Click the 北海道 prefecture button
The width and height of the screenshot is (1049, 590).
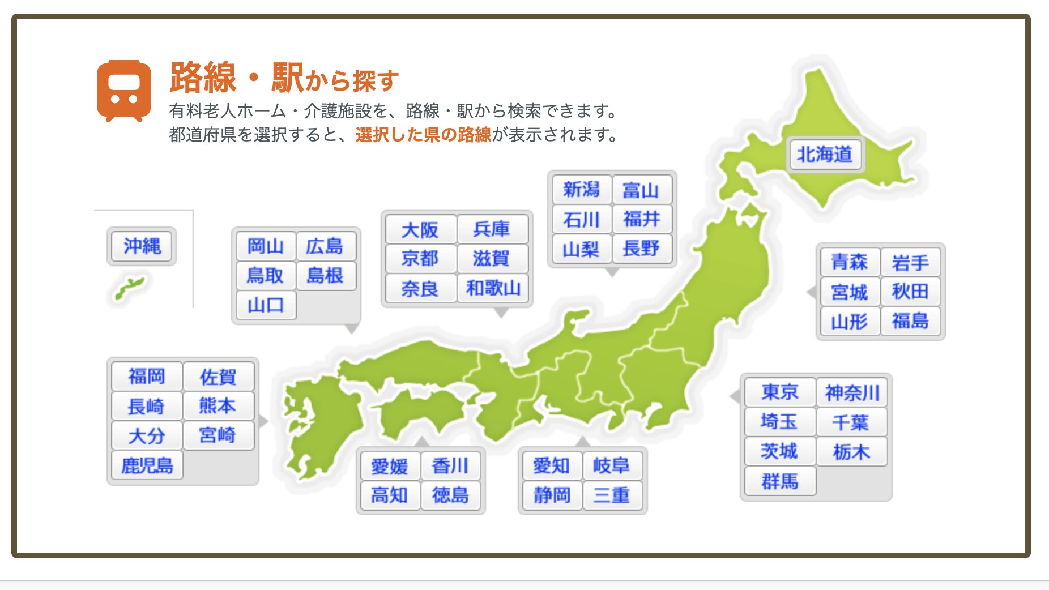(825, 154)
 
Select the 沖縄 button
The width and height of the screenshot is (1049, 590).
(142, 246)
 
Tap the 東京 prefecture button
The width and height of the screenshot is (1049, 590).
(780, 392)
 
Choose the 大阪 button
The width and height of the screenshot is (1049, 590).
(420, 229)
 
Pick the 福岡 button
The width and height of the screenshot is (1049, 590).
(147, 377)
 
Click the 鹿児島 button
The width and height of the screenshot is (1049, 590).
(147, 465)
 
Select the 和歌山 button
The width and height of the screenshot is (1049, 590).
(493, 288)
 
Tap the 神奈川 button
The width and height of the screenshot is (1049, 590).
(852, 392)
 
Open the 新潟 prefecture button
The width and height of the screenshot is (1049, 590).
(581, 189)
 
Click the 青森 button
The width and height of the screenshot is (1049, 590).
(850, 262)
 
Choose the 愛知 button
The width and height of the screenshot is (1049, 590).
(552, 465)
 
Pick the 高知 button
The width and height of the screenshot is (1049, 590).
(390, 495)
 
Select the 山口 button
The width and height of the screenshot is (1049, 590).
(266, 305)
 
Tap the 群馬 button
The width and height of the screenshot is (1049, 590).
(780, 481)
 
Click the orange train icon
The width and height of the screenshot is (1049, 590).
(124, 91)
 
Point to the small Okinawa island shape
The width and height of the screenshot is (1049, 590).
(130, 287)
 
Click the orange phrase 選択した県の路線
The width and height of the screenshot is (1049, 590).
(423, 135)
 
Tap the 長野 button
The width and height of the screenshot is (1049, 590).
(642, 248)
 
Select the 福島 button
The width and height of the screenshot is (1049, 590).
(910, 321)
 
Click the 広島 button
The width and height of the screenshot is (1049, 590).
(326, 246)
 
